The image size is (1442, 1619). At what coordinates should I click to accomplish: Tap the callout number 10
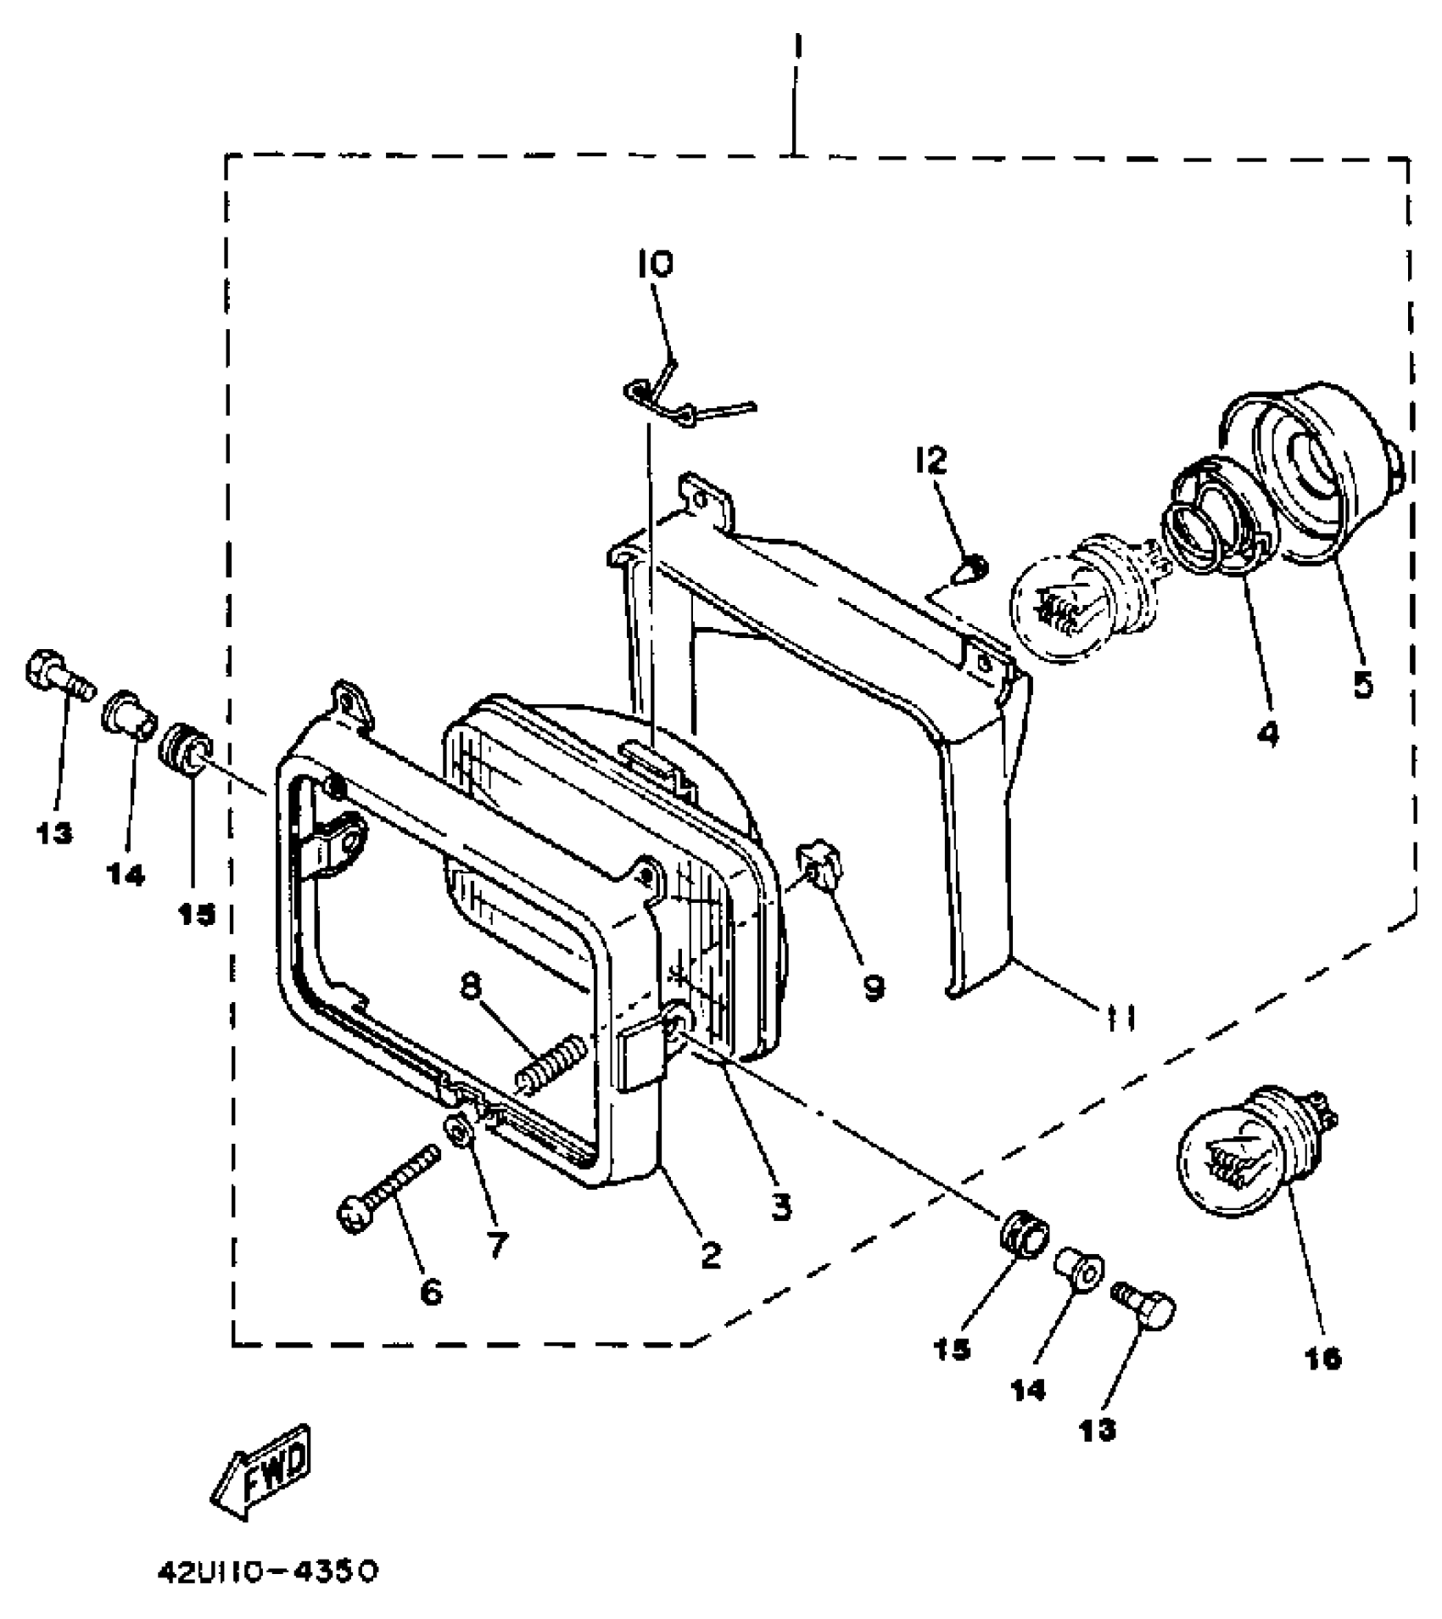tap(656, 265)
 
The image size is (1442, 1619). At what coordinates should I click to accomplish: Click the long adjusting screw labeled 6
tap(392, 1182)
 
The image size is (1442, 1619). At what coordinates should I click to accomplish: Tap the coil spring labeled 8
tap(550, 1062)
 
